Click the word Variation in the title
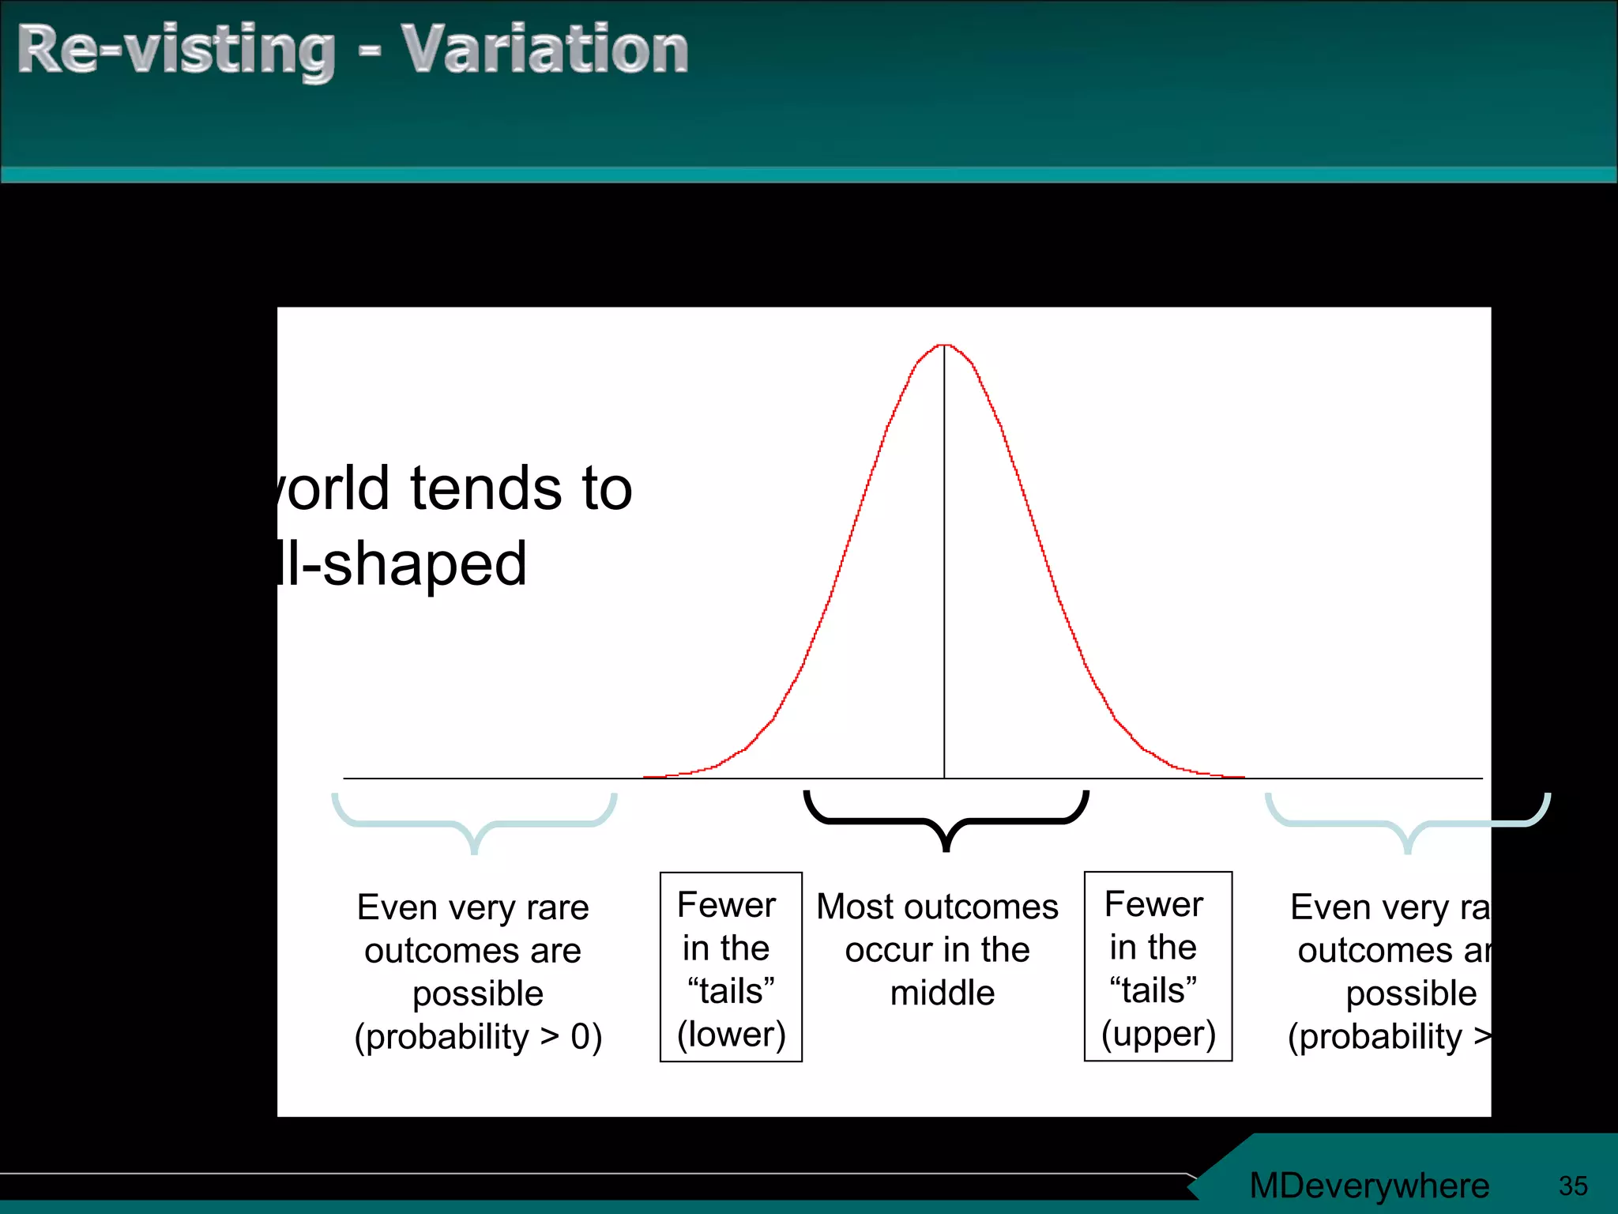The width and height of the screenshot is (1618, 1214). coord(544,50)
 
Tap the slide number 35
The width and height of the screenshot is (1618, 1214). coord(1572,1186)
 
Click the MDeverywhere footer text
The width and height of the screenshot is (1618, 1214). coord(1369,1186)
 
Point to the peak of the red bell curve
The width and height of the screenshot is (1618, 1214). coord(944,345)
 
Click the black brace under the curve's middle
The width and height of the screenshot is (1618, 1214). coord(946,821)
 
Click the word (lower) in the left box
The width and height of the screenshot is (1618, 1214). coord(732,1034)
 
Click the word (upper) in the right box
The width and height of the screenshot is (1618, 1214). coord(1158,1034)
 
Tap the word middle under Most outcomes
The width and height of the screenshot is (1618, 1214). coord(942,993)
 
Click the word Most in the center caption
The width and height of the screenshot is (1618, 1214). coord(851,907)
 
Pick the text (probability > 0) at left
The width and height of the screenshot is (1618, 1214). coord(478,1036)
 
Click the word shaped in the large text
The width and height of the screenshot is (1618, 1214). coord(424,565)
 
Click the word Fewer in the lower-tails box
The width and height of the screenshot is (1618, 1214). coord(726,905)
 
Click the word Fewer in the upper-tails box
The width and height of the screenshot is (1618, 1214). coord(1153,904)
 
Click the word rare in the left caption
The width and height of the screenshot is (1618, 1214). coord(557,907)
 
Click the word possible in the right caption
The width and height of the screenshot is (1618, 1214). coord(1411,993)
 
